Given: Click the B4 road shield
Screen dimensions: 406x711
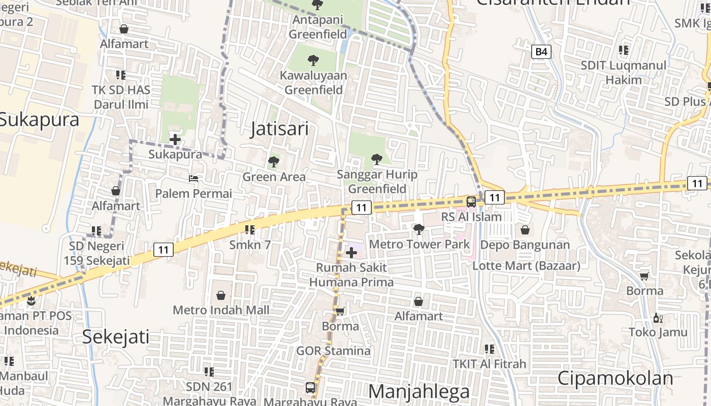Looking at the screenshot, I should point(542,51).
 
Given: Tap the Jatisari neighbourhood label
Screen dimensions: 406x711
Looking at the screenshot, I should point(279,129).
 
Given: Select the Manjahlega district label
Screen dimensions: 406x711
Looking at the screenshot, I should point(418,392).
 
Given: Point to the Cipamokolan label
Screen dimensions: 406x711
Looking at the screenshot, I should point(615,379).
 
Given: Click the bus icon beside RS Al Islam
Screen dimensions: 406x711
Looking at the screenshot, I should point(471,201).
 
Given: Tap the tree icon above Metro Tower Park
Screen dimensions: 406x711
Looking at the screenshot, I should point(418,229).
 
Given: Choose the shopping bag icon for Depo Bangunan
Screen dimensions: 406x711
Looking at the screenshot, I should point(525,230).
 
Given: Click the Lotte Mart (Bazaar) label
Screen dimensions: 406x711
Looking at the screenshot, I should point(526,265).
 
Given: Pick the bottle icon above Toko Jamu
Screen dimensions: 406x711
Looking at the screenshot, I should point(658,318).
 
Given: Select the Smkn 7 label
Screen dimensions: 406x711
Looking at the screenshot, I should point(250,245).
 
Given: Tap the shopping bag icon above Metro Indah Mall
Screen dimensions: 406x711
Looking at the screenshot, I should point(221,295).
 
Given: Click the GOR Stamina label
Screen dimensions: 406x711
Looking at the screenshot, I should point(333,351).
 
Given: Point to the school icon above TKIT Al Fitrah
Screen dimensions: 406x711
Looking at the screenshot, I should point(490,349).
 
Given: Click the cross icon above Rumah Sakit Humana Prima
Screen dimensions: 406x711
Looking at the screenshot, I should point(351,252).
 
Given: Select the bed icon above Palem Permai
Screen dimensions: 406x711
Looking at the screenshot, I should point(193,179).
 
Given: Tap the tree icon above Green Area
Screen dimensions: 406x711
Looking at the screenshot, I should point(274,162).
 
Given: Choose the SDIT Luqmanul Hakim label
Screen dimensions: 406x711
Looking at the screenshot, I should point(623,73).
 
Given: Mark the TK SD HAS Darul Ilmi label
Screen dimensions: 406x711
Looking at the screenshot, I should point(121,97).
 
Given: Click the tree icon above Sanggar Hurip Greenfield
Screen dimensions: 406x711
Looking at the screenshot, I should point(376,159).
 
